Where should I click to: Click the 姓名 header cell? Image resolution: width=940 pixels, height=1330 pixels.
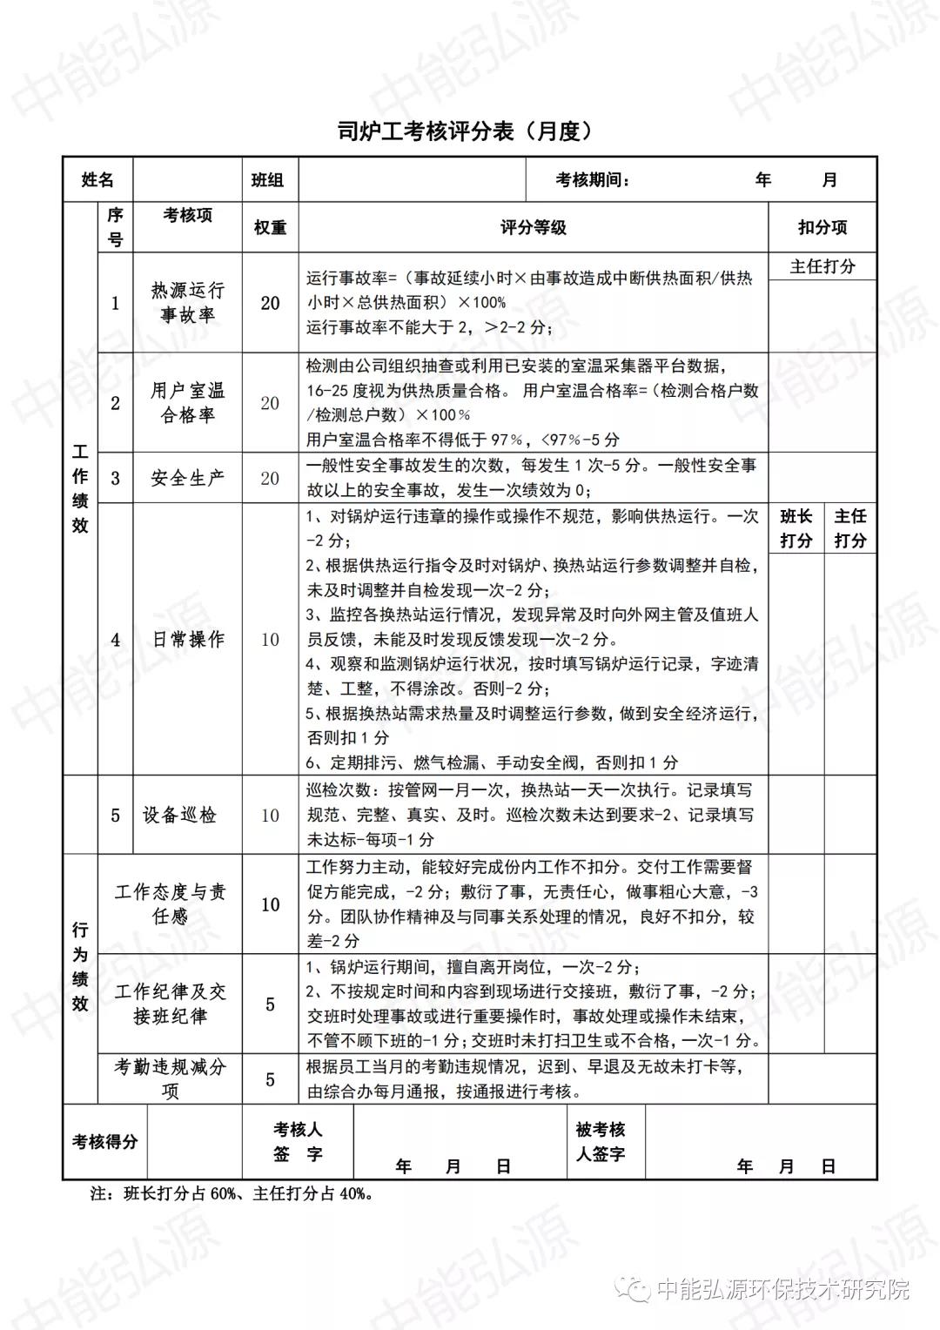(x=97, y=180)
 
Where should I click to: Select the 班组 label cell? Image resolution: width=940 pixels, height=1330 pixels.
(x=268, y=180)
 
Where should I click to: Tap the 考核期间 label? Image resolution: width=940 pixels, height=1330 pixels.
(x=592, y=180)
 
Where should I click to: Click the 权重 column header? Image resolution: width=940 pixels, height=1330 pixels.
(x=270, y=227)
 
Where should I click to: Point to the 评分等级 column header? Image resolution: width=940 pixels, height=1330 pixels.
(x=533, y=227)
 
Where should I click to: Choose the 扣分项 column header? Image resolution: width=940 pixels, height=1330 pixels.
(x=822, y=227)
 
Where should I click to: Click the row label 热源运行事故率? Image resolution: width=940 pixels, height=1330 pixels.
(x=187, y=302)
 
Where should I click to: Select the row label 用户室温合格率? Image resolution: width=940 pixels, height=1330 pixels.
(x=187, y=403)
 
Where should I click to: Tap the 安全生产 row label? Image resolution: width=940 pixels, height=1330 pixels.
(x=187, y=478)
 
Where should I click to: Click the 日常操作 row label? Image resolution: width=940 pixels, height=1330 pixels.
(x=187, y=639)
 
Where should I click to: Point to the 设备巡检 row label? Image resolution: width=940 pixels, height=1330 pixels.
(x=179, y=815)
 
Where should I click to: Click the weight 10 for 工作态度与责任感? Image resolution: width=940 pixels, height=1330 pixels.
(x=270, y=904)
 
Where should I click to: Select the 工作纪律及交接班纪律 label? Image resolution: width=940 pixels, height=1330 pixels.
(x=170, y=1004)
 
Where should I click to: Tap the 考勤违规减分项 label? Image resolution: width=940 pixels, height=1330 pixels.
(x=170, y=1078)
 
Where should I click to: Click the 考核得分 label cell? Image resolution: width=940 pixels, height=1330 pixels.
(x=104, y=1141)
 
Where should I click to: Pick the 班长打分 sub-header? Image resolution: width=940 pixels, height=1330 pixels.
(x=796, y=528)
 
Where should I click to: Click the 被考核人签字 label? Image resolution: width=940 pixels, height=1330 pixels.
(x=601, y=1141)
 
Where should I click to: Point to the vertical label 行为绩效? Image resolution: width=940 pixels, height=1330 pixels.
(x=80, y=966)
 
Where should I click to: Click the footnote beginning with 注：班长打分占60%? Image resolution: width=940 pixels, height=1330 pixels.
(x=232, y=1193)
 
